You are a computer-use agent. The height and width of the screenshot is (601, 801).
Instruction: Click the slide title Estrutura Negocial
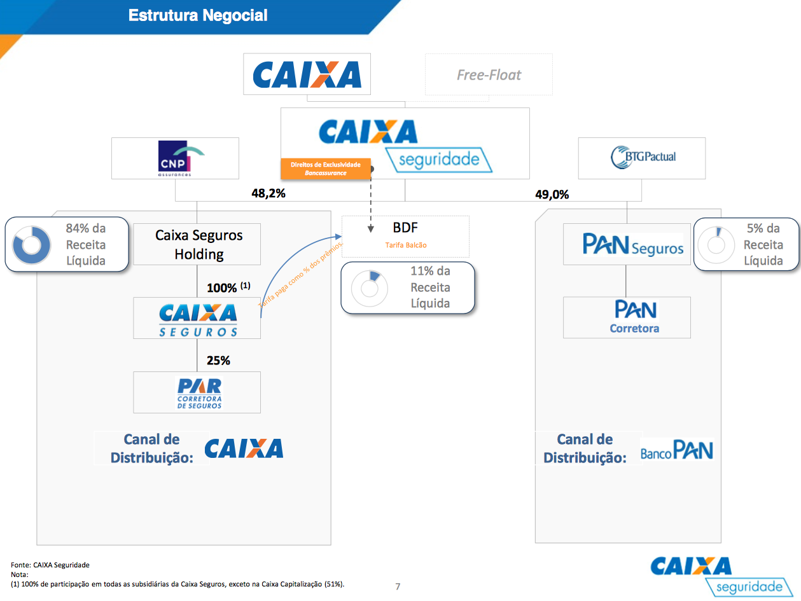coord(198,15)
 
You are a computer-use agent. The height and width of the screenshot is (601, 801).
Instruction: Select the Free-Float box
coord(489,75)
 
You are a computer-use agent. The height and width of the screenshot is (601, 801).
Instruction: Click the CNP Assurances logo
coord(176,158)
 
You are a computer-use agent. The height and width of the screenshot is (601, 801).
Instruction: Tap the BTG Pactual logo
coord(643,157)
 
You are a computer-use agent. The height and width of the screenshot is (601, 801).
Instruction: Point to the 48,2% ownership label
coord(268,193)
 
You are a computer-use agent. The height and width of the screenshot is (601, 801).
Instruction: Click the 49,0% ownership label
coord(552,195)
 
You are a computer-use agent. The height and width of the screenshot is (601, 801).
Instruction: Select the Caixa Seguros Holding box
coord(197,244)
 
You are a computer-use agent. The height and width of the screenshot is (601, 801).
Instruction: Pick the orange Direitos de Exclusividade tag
coord(325,168)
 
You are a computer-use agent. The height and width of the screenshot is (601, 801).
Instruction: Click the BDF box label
coord(405,228)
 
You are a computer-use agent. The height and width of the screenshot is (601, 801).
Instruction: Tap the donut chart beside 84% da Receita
coord(32,244)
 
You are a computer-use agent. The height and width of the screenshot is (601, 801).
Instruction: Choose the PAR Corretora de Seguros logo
coord(198,392)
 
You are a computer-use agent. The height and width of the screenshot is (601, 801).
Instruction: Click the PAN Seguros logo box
coord(627,244)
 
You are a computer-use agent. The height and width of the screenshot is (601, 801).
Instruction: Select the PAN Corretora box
coord(627,317)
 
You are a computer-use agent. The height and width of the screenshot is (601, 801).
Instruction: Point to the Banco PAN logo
coord(676,451)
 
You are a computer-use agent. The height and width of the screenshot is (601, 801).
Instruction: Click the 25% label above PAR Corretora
coord(218,361)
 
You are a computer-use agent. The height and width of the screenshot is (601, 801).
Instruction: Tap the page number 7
coord(398,586)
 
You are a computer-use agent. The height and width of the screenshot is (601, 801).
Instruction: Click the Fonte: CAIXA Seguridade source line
coord(50,565)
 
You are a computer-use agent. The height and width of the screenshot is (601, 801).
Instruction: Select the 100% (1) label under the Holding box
coord(228,287)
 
